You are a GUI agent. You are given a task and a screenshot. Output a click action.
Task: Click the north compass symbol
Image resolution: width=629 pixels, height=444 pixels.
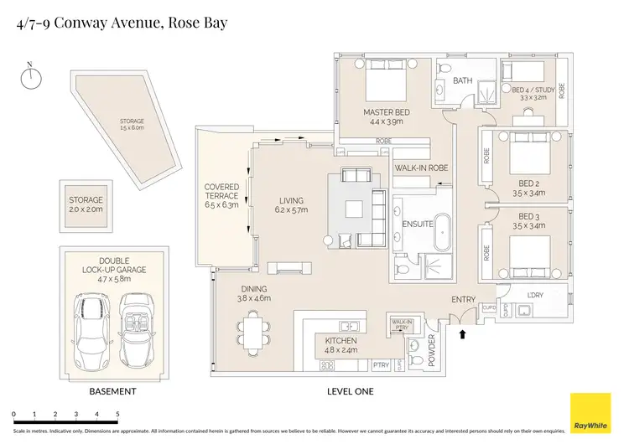[32, 77]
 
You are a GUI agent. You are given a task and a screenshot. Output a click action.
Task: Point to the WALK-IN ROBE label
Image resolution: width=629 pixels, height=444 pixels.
[421, 168]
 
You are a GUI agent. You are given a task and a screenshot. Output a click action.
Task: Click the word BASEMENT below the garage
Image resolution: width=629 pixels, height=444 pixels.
[112, 392]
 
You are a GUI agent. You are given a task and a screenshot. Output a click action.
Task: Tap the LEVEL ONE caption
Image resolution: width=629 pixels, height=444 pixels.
[351, 392]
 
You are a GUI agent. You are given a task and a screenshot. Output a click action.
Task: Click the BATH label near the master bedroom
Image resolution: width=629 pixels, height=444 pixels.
[462, 81]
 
